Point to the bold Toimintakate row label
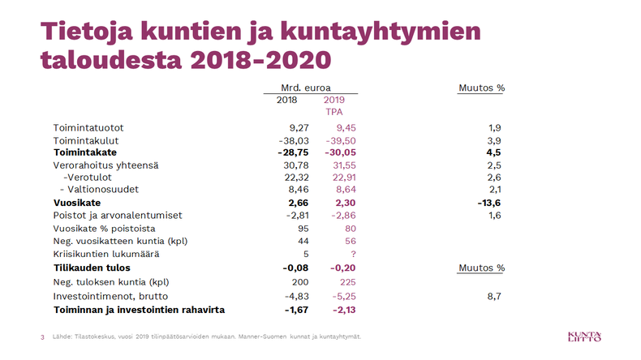tap(85, 152)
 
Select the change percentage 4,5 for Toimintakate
tap(493, 152)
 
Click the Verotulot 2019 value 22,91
tap(340, 177)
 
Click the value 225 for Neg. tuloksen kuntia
tap(346, 281)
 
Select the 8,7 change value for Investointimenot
tap(493, 297)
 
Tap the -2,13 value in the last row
tap(344, 310)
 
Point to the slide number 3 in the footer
tap(42, 336)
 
